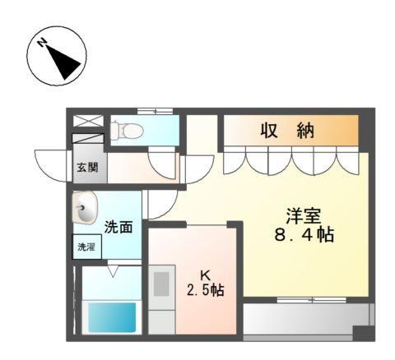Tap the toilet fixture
[x=127, y=129]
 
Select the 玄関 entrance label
[x=87, y=168]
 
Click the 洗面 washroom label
[x=118, y=227]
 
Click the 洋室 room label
[x=301, y=216]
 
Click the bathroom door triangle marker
[x=112, y=267]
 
